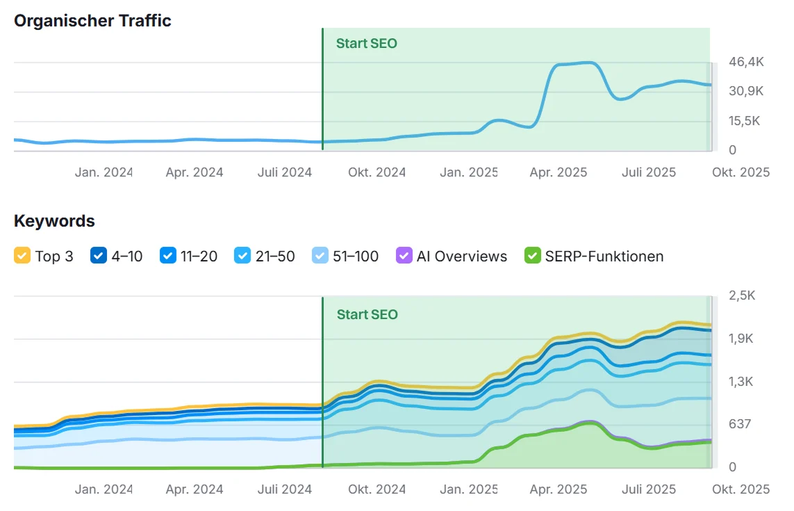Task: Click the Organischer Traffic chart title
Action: click(92, 21)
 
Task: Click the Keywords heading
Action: click(54, 221)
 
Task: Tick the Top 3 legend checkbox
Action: click(22, 256)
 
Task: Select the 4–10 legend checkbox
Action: click(99, 256)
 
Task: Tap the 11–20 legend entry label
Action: click(199, 257)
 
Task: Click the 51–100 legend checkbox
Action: click(320, 256)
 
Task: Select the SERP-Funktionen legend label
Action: click(604, 257)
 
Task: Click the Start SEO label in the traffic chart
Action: click(367, 43)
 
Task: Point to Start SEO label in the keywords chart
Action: click(367, 314)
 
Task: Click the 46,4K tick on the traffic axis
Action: click(746, 62)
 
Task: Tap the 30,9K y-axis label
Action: click(746, 91)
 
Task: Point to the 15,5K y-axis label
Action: click(745, 121)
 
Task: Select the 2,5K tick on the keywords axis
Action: click(741, 295)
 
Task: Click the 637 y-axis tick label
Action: click(739, 424)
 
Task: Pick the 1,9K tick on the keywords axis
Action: click(741, 339)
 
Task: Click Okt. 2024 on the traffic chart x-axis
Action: click(377, 172)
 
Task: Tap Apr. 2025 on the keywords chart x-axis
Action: click(558, 489)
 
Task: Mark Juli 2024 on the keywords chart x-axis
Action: click(285, 489)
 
